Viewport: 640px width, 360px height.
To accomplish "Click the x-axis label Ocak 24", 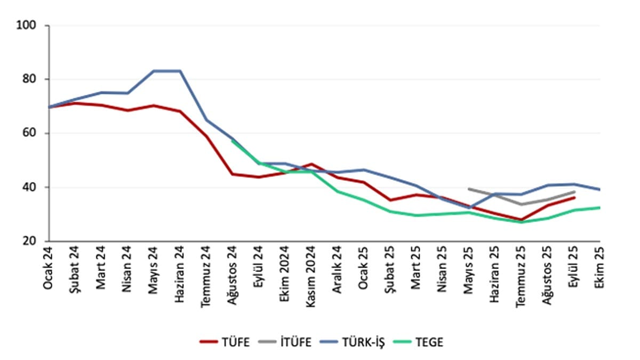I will coord(49,269).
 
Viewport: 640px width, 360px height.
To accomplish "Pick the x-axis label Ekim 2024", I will coord(285,273).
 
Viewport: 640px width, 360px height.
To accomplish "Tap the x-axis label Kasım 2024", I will coord(311,275).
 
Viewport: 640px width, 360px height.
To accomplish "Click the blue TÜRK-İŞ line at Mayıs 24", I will coord(154,71).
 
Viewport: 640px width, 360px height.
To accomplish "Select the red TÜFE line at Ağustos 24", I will coord(233,174).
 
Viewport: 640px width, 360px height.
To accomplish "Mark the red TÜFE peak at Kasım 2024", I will coord(311,164).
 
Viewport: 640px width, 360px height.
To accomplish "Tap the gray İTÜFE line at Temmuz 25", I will coord(521,204).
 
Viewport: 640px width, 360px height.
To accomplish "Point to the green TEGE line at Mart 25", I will coord(416,215).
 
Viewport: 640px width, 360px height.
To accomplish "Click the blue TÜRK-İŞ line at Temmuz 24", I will coord(206,120).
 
